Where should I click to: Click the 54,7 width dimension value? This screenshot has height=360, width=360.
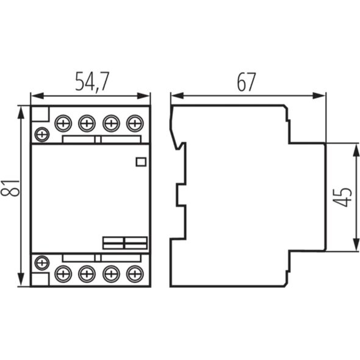[x=92, y=82]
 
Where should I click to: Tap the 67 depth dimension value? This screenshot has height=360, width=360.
[x=246, y=82]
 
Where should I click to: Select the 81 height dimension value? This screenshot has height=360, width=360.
[x=10, y=188]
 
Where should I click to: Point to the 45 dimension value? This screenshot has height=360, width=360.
[x=342, y=197]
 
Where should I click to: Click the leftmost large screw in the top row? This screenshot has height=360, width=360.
[x=63, y=123]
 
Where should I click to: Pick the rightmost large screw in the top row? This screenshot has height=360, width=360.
[x=135, y=123]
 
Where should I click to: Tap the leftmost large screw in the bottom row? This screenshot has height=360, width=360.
[x=63, y=274]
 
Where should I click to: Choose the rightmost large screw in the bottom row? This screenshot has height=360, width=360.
[x=135, y=274]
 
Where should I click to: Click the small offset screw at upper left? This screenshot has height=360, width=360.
[x=42, y=134]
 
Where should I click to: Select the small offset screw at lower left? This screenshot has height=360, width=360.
[x=42, y=262]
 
